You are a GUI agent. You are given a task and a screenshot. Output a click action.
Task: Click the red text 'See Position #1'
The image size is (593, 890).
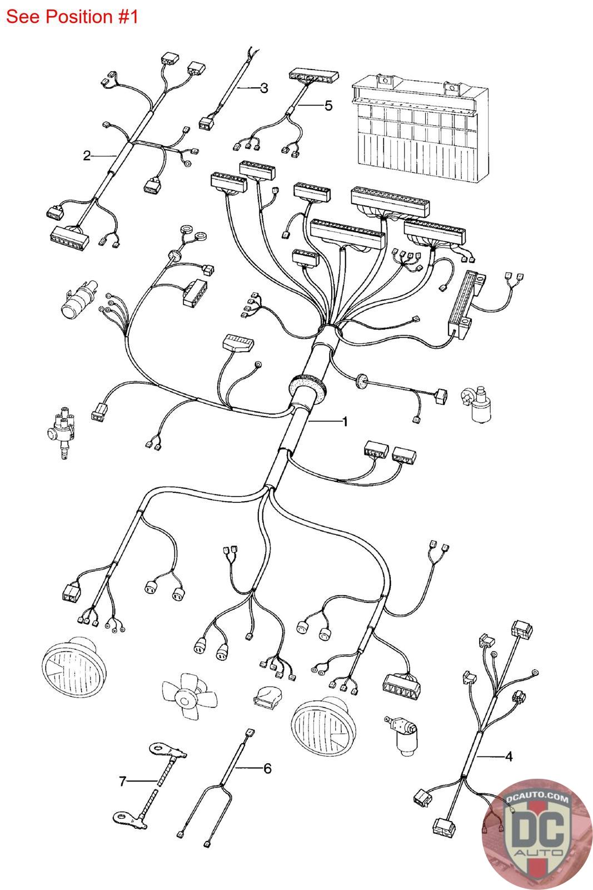pyautogui.click(x=72, y=17)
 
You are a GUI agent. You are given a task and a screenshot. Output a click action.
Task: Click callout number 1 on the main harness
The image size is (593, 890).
pyautogui.click(x=345, y=422)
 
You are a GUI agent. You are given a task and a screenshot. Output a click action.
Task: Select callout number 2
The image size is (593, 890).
pyautogui.click(x=87, y=155)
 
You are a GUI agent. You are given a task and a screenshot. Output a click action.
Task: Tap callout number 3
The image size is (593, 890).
pyautogui.click(x=264, y=88)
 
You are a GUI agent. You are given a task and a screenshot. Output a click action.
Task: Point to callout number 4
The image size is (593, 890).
pyautogui.click(x=509, y=756)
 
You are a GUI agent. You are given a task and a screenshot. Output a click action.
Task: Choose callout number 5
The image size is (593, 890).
pyautogui.click(x=328, y=105)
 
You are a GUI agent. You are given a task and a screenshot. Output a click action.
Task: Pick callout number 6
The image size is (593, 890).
pyautogui.click(x=267, y=768)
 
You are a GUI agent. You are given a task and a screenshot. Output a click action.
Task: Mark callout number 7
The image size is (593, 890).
pyautogui.click(x=123, y=781)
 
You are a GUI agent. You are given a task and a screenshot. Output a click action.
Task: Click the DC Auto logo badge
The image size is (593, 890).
pyautogui.click(x=537, y=834)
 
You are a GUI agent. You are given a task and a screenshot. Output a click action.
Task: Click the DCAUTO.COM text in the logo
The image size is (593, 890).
pyautogui.click(x=537, y=798)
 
